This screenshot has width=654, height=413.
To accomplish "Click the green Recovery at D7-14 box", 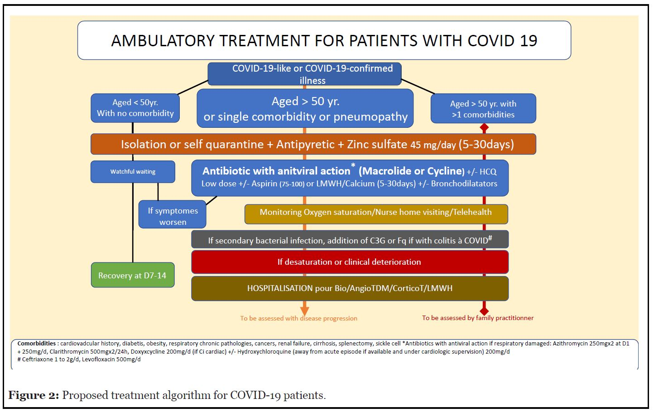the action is coord(133,275).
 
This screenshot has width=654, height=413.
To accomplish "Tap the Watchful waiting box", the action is coord(133,171).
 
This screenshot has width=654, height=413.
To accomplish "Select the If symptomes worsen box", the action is coord(172,214).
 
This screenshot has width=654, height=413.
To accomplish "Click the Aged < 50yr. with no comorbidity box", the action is coord(135,108).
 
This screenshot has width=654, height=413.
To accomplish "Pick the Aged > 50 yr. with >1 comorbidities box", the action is coord(483,108).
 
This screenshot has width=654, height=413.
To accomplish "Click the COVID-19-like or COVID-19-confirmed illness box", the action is coord(304,74).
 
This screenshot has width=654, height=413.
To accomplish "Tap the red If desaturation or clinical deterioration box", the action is coord(350,262).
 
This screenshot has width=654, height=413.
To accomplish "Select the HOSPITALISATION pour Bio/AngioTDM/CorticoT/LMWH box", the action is coord(350,288).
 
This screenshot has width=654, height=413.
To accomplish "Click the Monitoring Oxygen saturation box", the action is coord(376,214).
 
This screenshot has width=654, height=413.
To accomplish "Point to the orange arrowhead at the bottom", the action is coord(304,311).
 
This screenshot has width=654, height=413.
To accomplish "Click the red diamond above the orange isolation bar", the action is coord(484,127).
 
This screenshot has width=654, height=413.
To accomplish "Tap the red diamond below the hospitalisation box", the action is coord(484,311).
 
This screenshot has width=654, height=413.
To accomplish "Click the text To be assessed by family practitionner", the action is coord(478,318).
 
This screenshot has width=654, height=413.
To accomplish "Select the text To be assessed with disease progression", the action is coord(298,318).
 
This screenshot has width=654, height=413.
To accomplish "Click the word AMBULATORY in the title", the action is coord(163,41).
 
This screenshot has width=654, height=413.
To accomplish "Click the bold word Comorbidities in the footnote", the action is coord(36,344).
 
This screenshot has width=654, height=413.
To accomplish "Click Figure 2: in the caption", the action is coord(34,395).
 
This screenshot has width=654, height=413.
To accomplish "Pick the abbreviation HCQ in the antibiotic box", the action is coord(488,171).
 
